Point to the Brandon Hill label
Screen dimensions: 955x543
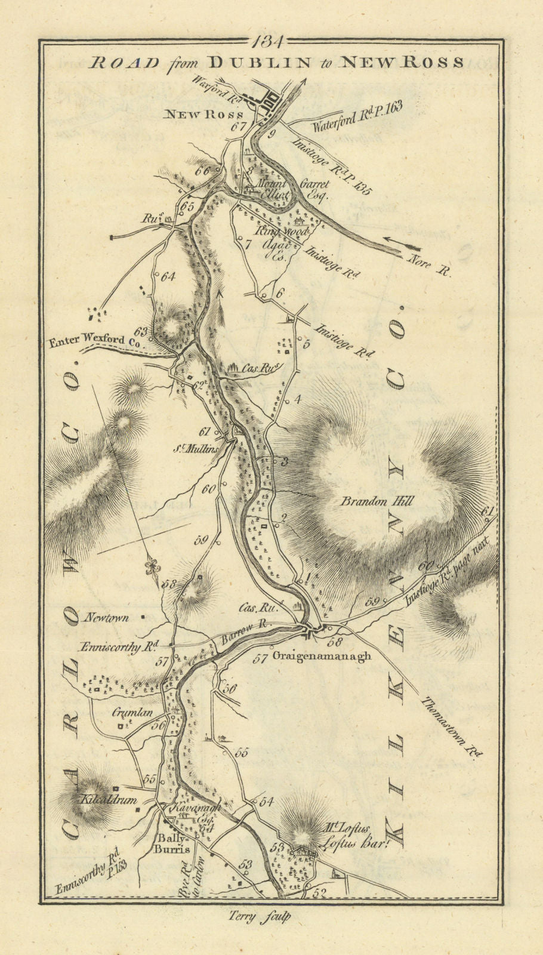[x=377, y=502]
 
